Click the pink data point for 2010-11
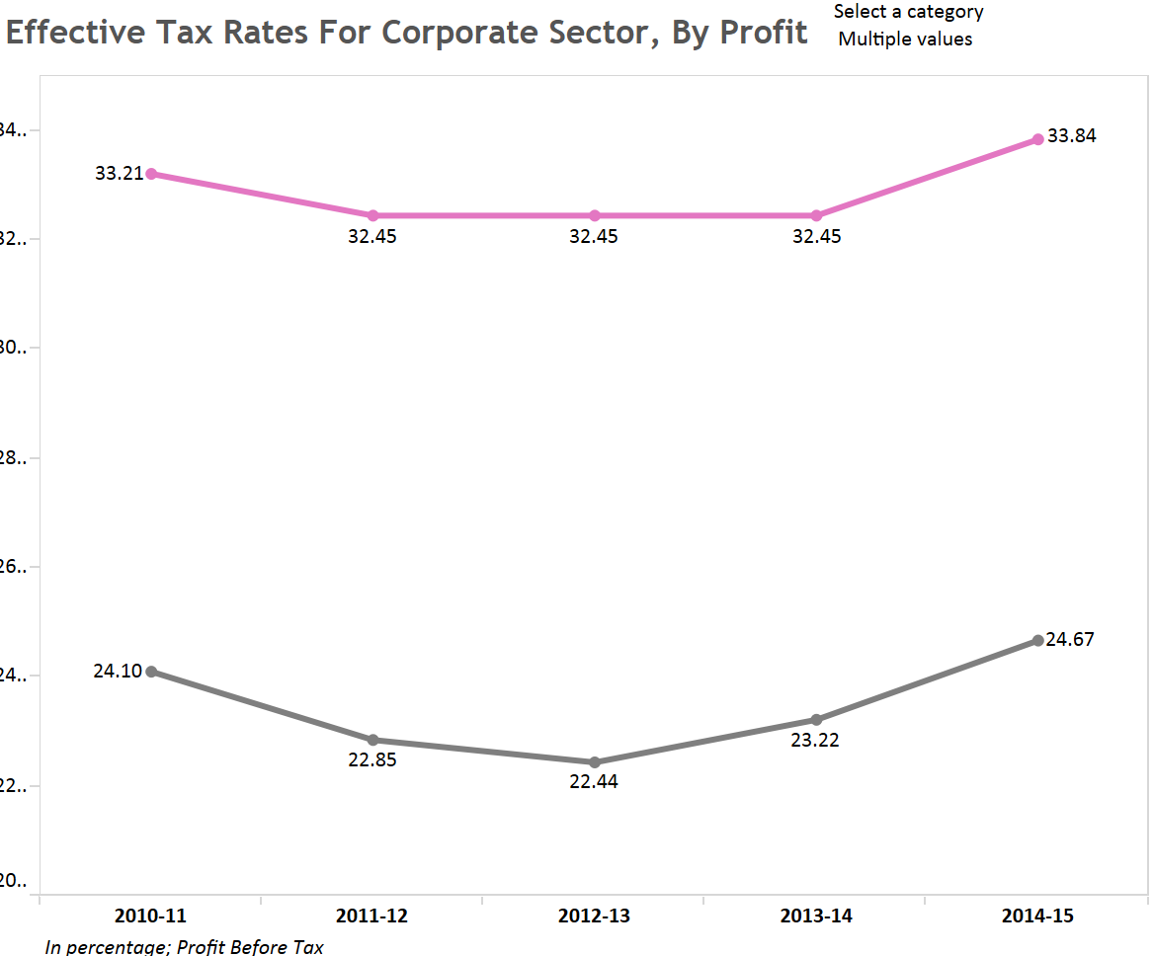(x=151, y=174)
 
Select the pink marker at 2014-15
(x=1037, y=139)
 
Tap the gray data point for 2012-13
(x=595, y=762)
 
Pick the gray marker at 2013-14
(x=816, y=720)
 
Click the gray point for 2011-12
(x=373, y=740)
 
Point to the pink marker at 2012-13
(x=595, y=215)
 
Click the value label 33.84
(x=1072, y=136)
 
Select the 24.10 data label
(x=118, y=672)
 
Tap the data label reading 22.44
(x=594, y=784)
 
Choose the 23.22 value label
(x=815, y=740)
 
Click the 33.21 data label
(x=119, y=174)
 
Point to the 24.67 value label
(x=1070, y=639)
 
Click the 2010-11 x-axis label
(x=150, y=916)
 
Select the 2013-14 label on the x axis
(x=816, y=916)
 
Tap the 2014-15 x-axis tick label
(x=1037, y=916)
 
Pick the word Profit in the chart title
(x=764, y=33)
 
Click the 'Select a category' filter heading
(x=909, y=12)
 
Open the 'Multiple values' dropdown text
(x=905, y=40)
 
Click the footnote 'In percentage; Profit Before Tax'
(x=185, y=947)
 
